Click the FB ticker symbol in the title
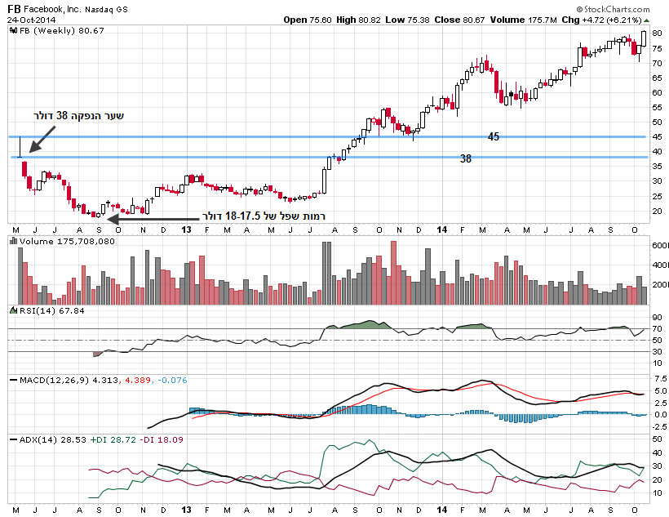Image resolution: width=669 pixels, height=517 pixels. click(x=15, y=8)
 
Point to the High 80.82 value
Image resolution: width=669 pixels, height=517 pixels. click(x=372, y=20)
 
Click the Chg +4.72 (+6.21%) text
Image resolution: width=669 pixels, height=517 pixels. click(x=611, y=20)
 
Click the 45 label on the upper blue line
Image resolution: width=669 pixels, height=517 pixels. click(x=494, y=136)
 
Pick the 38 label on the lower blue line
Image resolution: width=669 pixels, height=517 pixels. click(x=466, y=158)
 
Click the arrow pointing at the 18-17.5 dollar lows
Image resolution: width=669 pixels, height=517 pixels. click(x=150, y=218)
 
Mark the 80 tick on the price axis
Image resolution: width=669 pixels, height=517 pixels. click(x=657, y=33)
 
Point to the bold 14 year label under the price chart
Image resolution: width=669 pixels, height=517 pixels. click(x=441, y=230)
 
